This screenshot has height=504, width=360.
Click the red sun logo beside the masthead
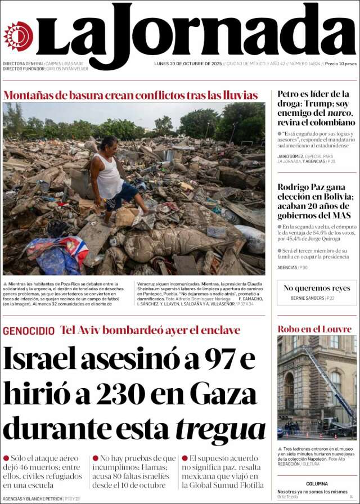click(18, 36)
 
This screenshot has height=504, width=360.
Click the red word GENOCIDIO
click(29, 331)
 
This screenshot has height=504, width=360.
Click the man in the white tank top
click(112, 180)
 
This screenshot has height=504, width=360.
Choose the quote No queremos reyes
click(317, 288)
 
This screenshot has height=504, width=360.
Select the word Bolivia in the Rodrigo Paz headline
click(332, 197)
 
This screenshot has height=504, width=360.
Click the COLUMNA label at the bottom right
click(317, 484)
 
